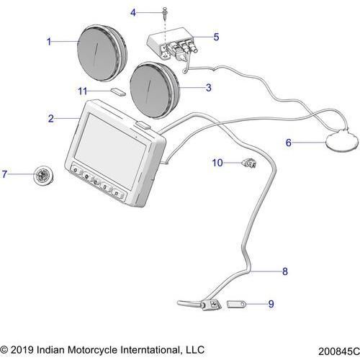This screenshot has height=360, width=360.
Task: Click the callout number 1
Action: tap(49, 42)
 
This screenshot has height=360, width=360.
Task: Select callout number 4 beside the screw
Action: tap(133, 12)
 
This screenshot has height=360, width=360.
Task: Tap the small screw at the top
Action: tap(165, 12)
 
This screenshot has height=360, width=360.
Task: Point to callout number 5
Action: tap(216, 37)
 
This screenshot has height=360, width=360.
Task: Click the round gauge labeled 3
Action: tap(154, 90)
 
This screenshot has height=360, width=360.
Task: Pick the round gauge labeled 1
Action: tap(102, 53)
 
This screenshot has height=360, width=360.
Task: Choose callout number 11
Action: tap(83, 91)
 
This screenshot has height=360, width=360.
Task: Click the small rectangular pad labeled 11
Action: tap(118, 92)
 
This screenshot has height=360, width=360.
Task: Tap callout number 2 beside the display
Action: tap(51, 119)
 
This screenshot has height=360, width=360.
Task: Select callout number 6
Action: tap(289, 143)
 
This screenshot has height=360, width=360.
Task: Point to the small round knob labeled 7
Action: tap(43, 176)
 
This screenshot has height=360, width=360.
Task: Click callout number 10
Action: tap(217, 163)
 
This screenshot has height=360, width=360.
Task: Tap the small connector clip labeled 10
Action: tap(249, 163)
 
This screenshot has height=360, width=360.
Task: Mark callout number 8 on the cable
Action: tap(285, 271)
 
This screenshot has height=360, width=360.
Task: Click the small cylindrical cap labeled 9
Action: tap(236, 305)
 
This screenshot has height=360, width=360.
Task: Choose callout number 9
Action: tap(271, 304)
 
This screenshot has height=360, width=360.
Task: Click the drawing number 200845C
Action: tap(338, 351)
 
